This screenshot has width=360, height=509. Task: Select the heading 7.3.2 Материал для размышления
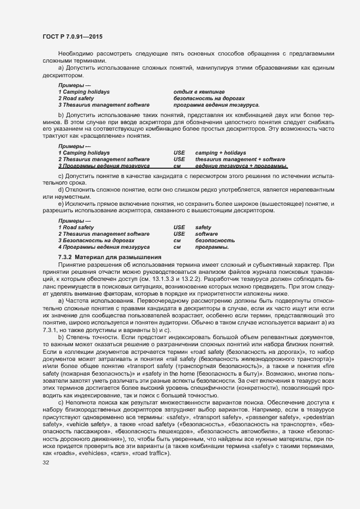coord(109,256)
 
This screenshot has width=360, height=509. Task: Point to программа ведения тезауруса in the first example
coord(216,105)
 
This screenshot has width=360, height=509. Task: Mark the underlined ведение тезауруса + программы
coord(241,165)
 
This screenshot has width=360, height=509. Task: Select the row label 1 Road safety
coord(76,227)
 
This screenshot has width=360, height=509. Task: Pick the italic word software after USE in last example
coord(206,234)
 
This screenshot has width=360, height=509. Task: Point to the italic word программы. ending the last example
coord(212,247)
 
